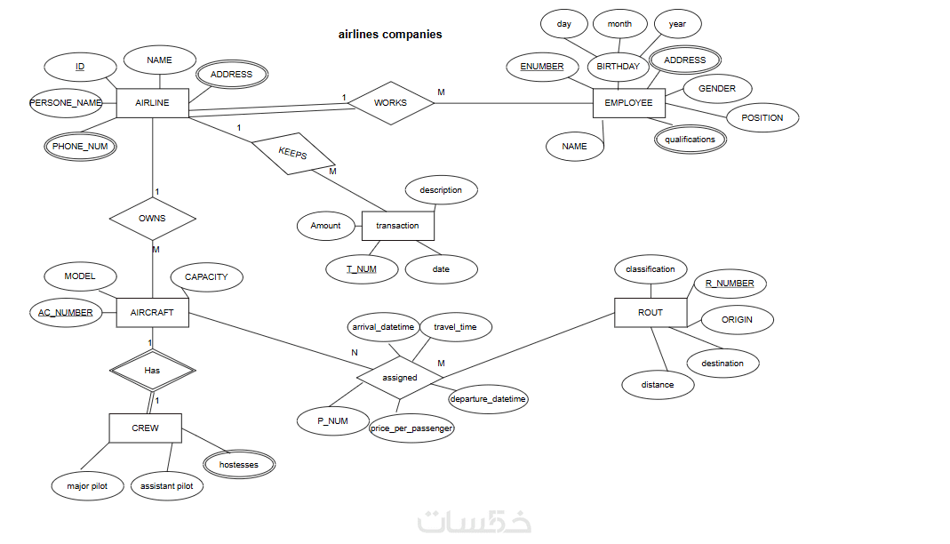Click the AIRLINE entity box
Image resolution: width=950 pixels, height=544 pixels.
coord(152,103)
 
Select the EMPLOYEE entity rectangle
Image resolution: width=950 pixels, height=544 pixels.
coord(628,103)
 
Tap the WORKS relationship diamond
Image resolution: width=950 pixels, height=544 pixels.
coord(390,103)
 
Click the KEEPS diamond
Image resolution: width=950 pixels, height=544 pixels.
coord(293,153)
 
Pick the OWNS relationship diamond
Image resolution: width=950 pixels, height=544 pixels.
coord(152,218)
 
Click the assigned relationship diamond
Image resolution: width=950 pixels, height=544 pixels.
coord(400,378)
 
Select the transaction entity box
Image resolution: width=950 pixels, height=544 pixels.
coord(397,226)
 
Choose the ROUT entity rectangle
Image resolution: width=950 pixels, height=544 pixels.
coord(651,313)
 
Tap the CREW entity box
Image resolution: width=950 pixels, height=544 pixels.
coord(145,428)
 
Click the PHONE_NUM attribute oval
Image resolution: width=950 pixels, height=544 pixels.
coord(80,146)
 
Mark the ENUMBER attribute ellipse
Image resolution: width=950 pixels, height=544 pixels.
coord(542,67)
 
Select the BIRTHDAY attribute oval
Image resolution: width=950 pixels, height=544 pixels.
coord(618,67)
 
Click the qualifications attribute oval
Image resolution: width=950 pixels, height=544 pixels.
coord(690,140)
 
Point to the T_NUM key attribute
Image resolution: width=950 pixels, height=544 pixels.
coord(362,269)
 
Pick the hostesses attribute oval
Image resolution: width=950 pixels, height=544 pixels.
coord(239,465)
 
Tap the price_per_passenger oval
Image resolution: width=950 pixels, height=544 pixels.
coord(412,428)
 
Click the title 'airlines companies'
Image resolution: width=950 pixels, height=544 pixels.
coord(390,35)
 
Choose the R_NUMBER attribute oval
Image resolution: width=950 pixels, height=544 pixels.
coord(730,284)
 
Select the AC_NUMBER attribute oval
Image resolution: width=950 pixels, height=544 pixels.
coord(66,313)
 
